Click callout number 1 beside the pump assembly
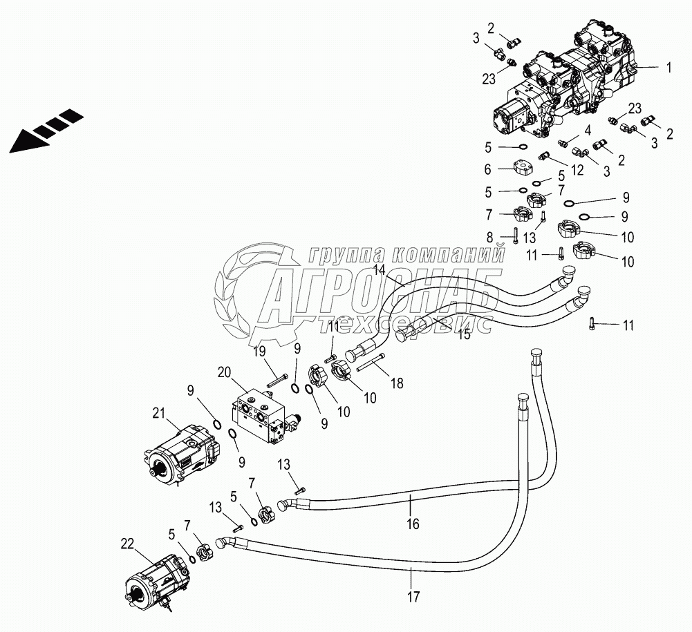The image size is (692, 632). (x=668, y=68)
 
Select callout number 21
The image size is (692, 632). (x=159, y=414)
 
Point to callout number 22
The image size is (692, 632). (x=127, y=544)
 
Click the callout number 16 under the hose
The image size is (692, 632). (x=413, y=524)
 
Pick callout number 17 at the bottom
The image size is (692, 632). (x=413, y=595)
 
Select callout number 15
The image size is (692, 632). (x=465, y=335)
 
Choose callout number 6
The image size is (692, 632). (x=487, y=169)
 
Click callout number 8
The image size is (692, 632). (x=489, y=237)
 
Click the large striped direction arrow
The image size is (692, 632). (x=41, y=131)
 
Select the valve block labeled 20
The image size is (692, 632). (x=259, y=415)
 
